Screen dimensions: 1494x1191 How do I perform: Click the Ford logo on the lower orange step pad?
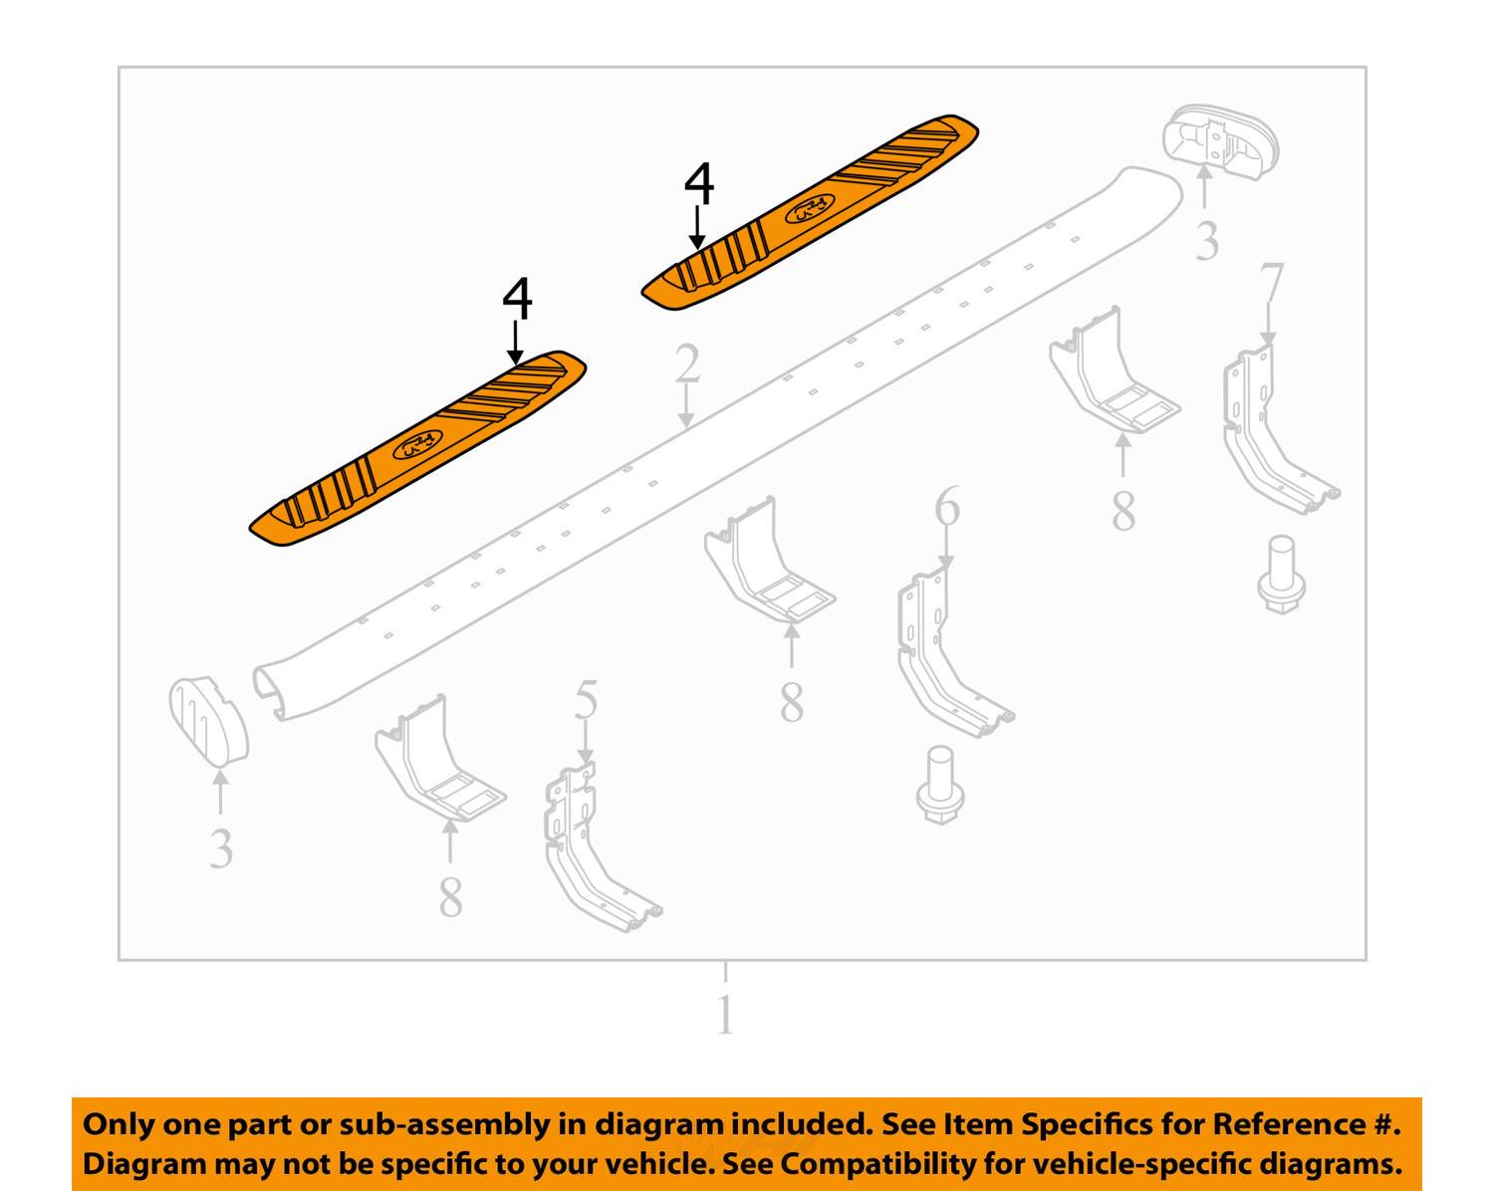(x=417, y=445)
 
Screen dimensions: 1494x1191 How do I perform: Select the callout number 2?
(x=686, y=363)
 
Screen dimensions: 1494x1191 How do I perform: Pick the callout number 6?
(x=947, y=505)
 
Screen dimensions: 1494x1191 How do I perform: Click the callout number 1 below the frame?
(x=725, y=1015)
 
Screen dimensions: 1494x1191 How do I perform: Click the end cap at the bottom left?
(x=208, y=722)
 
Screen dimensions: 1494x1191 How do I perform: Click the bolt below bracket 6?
(x=940, y=785)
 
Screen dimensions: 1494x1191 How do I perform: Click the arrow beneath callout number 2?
(x=686, y=406)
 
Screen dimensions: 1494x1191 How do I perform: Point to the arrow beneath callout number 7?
(x=1268, y=324)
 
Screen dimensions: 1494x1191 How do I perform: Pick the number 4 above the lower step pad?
(x=517, y=299)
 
